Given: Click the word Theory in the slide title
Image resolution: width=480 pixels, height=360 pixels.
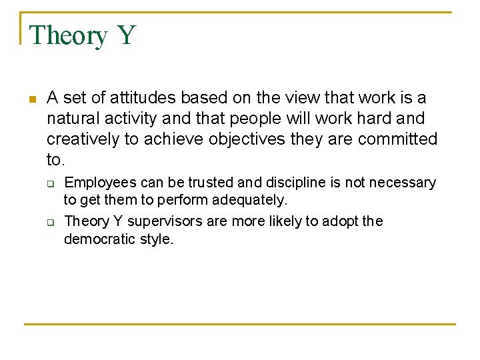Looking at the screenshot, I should (68, 35).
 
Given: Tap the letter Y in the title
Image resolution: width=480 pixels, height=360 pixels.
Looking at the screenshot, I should (127, 35).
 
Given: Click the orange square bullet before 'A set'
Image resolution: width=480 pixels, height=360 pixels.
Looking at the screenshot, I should (31, 99).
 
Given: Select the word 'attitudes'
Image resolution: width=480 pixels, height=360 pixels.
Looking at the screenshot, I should (141, 98).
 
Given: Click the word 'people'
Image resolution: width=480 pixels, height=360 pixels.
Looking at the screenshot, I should (258, 119).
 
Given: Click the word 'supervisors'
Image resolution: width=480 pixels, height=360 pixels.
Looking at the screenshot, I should (167, 221).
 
